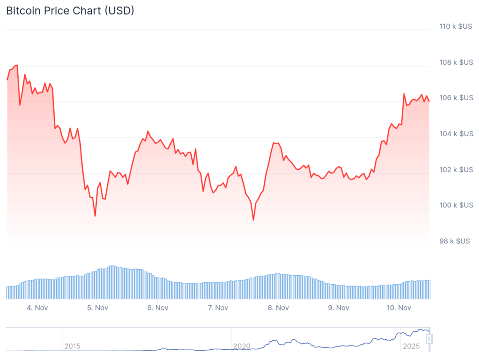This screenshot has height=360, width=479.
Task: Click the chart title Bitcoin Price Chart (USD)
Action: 70,11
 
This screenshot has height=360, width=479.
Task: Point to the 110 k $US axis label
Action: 456,26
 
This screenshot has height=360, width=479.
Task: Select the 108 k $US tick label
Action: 456,62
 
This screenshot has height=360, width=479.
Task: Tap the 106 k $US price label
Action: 456,98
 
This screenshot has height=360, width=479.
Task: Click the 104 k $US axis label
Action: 456,134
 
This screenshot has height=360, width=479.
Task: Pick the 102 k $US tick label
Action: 456,169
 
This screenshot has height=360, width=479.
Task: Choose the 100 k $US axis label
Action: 456,205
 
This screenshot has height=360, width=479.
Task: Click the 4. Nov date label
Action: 37,308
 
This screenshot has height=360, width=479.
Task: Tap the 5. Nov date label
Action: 98,308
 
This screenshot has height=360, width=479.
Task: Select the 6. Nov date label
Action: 158,308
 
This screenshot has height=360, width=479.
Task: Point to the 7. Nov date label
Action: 218,308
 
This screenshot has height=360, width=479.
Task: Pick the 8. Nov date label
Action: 278,308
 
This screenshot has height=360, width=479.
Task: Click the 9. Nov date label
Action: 338,308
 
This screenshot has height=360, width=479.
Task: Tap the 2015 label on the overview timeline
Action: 72,346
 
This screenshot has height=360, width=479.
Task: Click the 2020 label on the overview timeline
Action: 242,346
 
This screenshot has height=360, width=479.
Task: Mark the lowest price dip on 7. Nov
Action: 254,220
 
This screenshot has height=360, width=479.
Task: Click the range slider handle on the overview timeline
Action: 430,338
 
